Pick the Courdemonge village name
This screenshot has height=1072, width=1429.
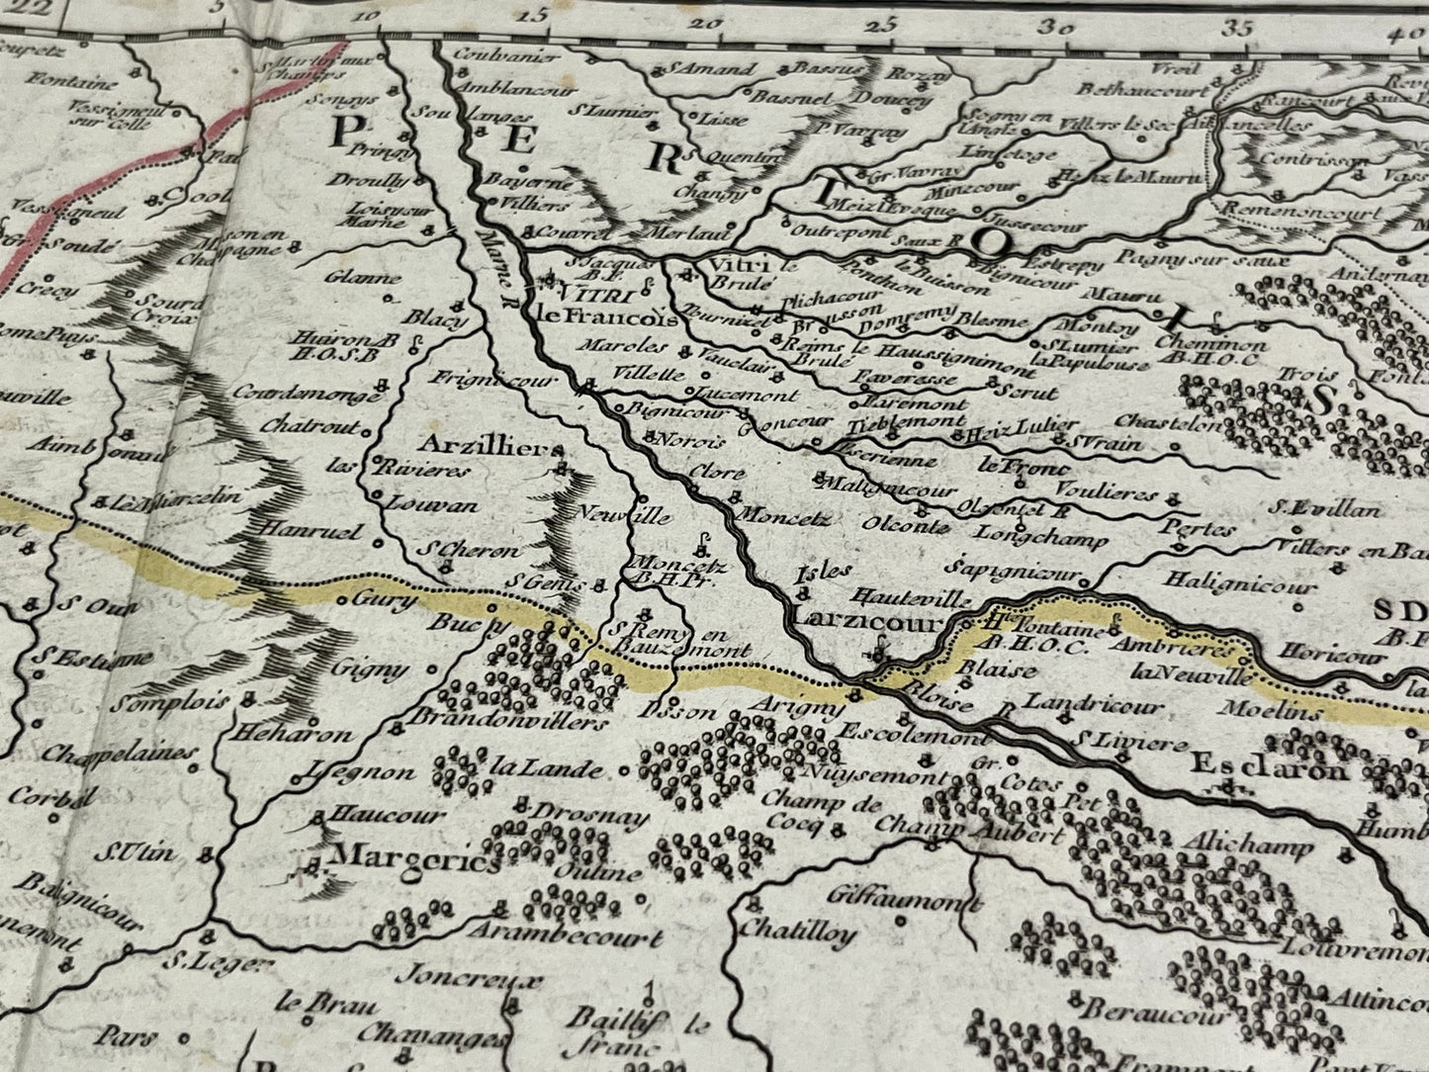tap(308, 394)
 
